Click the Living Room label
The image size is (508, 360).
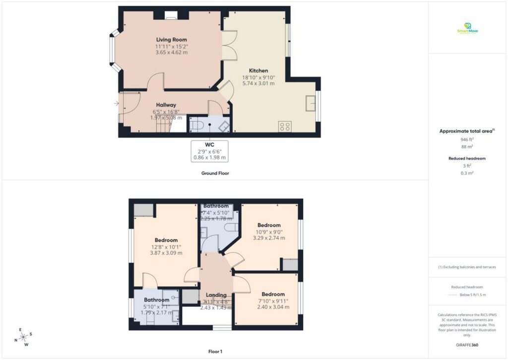[x=171, y=40]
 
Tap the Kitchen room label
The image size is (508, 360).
[x=258, y=71]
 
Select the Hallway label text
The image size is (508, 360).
[x=166, y=105]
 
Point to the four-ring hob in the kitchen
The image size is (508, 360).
[x=285, y=126]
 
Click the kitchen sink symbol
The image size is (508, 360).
[x=311, y=103]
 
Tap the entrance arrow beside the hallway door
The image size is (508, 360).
[x=116, y=103]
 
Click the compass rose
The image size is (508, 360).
[x=23, y=337]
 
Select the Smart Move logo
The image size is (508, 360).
[x=467, y=29]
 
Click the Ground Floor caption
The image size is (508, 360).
[x=215, y=173]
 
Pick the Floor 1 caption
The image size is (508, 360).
[x=215, y=352]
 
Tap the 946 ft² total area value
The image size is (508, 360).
[x=467, y=140]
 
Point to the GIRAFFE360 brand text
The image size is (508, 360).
[x=467, y=345]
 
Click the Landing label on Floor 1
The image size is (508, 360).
[x=216, y=295]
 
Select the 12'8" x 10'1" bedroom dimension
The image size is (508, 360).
[x=166, y=247]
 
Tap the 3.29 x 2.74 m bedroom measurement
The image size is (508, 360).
[x=269, y=238]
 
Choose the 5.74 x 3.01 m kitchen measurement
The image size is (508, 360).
[x=258, y=83]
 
